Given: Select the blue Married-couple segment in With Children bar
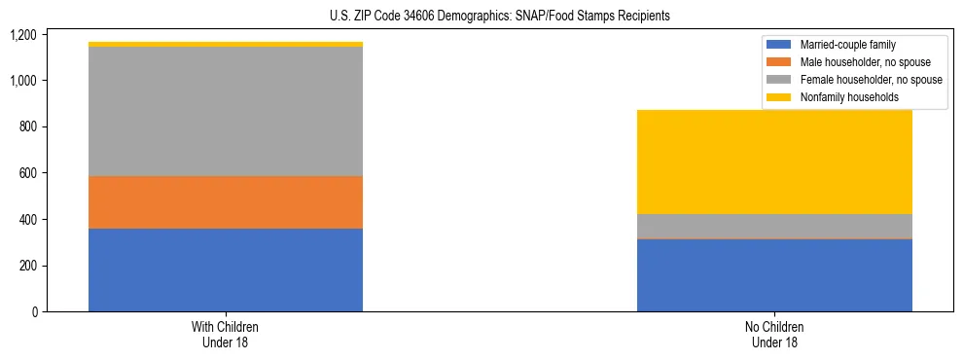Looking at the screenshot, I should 226,270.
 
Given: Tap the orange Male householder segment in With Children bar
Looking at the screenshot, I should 226,202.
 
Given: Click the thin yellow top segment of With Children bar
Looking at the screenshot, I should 226,44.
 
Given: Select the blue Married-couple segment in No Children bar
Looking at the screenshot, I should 774,275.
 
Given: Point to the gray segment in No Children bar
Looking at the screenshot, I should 774,226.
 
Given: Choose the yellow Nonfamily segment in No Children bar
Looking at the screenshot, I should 774,162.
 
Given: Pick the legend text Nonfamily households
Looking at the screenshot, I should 848,97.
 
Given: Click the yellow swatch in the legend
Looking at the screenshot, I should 779,97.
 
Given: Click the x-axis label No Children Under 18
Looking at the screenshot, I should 774,334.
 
